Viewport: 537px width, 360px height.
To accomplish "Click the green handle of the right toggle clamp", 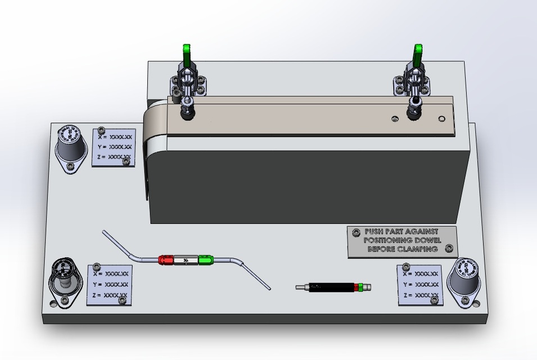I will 417,55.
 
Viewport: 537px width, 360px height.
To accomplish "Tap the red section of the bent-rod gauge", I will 166,260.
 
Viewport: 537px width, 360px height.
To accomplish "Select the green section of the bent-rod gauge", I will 206,260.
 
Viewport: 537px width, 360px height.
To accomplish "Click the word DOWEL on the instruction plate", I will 427,240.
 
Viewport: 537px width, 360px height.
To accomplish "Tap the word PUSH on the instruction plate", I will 375,231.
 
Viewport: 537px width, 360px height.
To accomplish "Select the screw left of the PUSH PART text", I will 355,232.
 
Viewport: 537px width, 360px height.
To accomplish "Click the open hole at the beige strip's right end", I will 441,118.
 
